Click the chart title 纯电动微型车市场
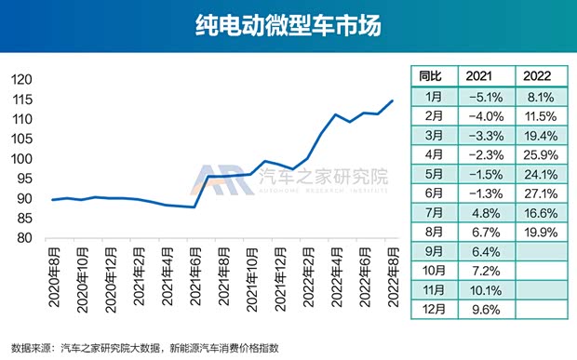(288, 26)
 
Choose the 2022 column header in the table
(540, 75)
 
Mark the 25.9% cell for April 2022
(540, 153)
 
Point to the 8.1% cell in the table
(540, 95)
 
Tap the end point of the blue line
(392, 100)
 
